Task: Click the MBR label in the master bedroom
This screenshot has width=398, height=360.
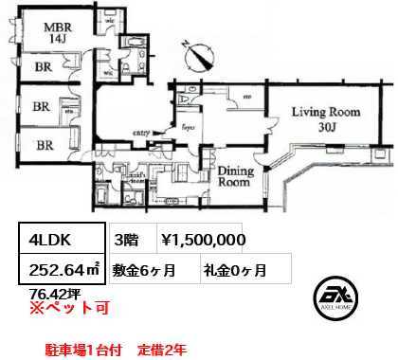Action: click(51, 27)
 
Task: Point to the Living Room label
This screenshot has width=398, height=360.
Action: click(325, 112)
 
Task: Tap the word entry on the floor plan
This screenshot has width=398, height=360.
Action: click(145, 134)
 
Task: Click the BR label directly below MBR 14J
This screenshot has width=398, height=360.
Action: click(44, 68)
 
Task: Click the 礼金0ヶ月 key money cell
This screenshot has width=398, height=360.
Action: click(234, 270)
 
